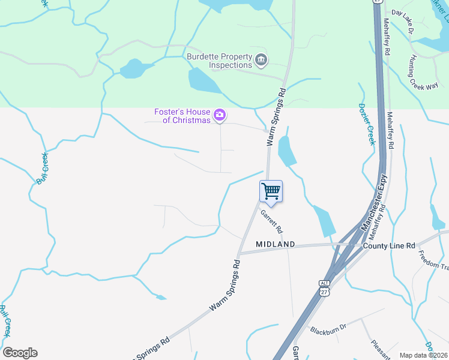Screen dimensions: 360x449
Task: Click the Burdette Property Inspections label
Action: click(x=219, y=61)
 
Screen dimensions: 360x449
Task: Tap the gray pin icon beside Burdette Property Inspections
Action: click(x=261, y=59)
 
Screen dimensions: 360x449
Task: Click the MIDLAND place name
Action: click(x=276, y=244)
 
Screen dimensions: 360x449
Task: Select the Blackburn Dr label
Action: click(x=329, y=329)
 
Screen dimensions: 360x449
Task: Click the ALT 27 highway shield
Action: click(x=324, y=287)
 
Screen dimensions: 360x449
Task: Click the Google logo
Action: click(x=20, y=352)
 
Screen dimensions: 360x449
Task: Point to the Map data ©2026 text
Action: click(x=423, y=355)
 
